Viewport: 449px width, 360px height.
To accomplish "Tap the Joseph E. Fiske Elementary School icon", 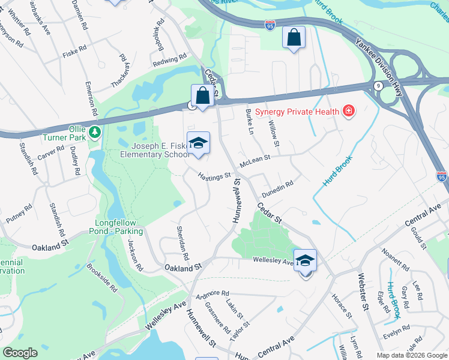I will click(x=198, y=144).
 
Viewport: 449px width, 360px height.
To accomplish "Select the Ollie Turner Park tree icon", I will click(x=93, y=131).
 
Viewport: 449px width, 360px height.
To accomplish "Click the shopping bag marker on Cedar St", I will click(x=203, y=95).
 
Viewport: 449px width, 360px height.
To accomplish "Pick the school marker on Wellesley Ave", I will click(x=306, y=262).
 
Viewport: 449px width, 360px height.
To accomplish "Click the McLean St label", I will click(x=255, y=161).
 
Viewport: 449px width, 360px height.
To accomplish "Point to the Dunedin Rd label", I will click(x=277, y=187).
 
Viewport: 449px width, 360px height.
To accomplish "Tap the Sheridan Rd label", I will click(x=182, y=242).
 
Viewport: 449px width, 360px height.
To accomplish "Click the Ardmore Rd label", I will click(x=212, y=293).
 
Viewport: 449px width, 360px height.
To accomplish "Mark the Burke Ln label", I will click(x=250, y=122).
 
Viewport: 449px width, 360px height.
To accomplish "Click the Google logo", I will click(x=20, y=353).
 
